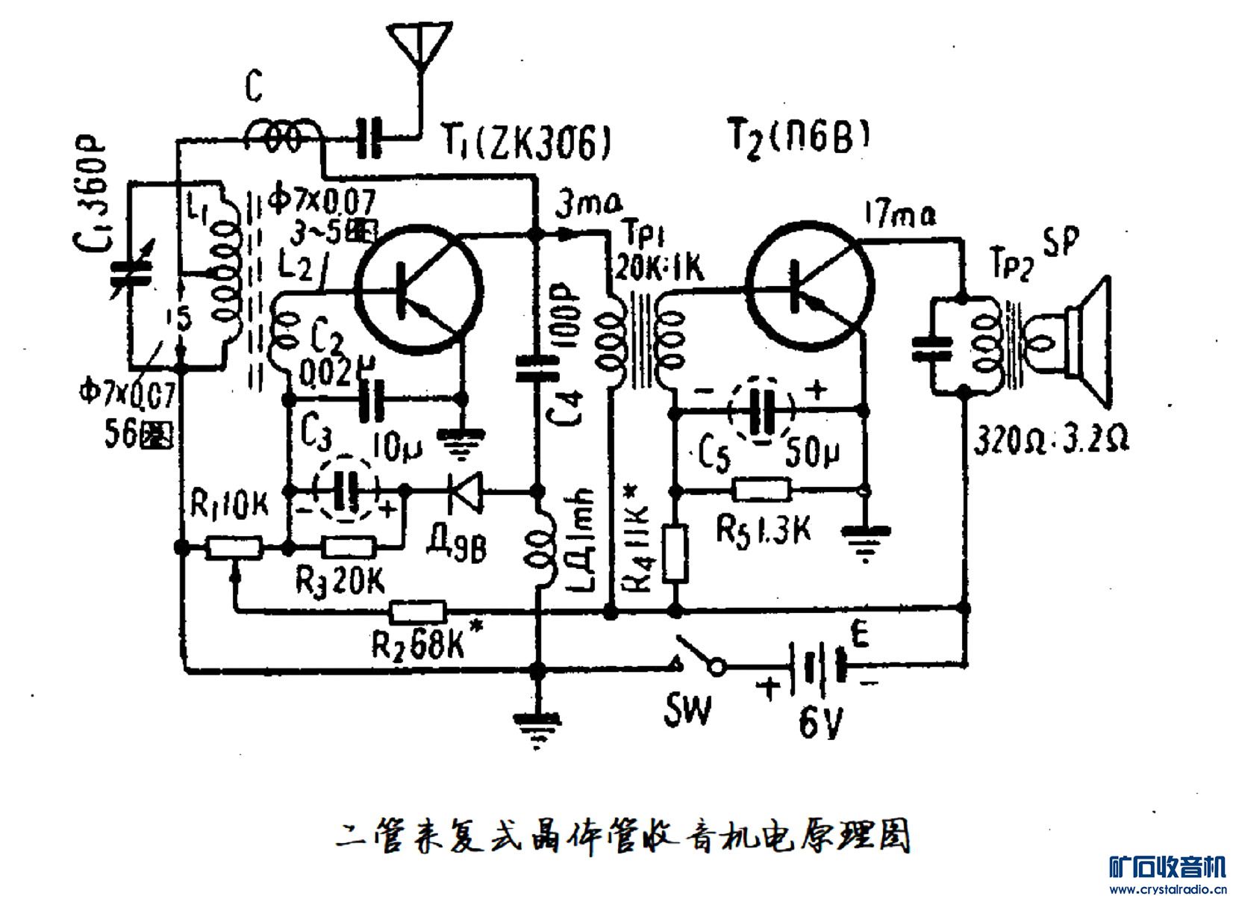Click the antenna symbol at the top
[419, 45]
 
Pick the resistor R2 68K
[418, 612]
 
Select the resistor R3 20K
[349, 549]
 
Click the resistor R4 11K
[675, 553]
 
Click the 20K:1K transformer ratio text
[657, 270]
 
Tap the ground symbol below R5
[865, 541]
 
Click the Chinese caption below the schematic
[624, 837]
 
